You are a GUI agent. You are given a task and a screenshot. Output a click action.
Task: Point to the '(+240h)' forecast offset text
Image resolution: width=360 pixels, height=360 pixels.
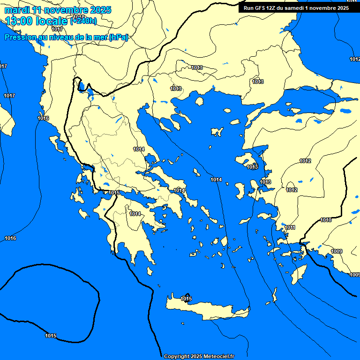click(x=83, y=21)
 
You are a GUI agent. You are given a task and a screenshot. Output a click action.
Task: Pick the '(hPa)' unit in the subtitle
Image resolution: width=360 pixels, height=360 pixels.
click(x=118, y=37)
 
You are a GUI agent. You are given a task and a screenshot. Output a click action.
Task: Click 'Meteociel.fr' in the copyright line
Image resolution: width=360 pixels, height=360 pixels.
click(x=218, y=357)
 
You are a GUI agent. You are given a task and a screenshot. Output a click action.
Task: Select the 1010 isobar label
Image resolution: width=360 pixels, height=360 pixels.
click(x=326, y=220)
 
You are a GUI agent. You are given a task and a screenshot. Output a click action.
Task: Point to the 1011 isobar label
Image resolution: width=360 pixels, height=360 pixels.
click(x=290, y=228)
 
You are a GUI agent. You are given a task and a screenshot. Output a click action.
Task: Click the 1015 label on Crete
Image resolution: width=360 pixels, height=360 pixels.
click(x=186, y=299)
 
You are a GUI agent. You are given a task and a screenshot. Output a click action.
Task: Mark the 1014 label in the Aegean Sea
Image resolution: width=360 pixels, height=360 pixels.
click(x=216, y=180)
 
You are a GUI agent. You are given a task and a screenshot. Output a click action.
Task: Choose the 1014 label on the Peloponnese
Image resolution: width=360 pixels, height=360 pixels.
click(x=135, y=214)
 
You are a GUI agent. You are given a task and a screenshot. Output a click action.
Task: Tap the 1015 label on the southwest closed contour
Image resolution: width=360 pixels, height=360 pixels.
click(x=51, y=336)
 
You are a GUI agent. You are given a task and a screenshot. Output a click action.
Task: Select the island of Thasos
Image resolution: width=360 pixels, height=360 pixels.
click(x=199, y=101)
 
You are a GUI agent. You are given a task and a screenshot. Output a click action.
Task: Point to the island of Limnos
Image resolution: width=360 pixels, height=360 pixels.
click(x=217, y=132)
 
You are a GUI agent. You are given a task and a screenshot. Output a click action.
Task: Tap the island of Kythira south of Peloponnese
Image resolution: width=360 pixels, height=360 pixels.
click(x=150, y=271)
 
